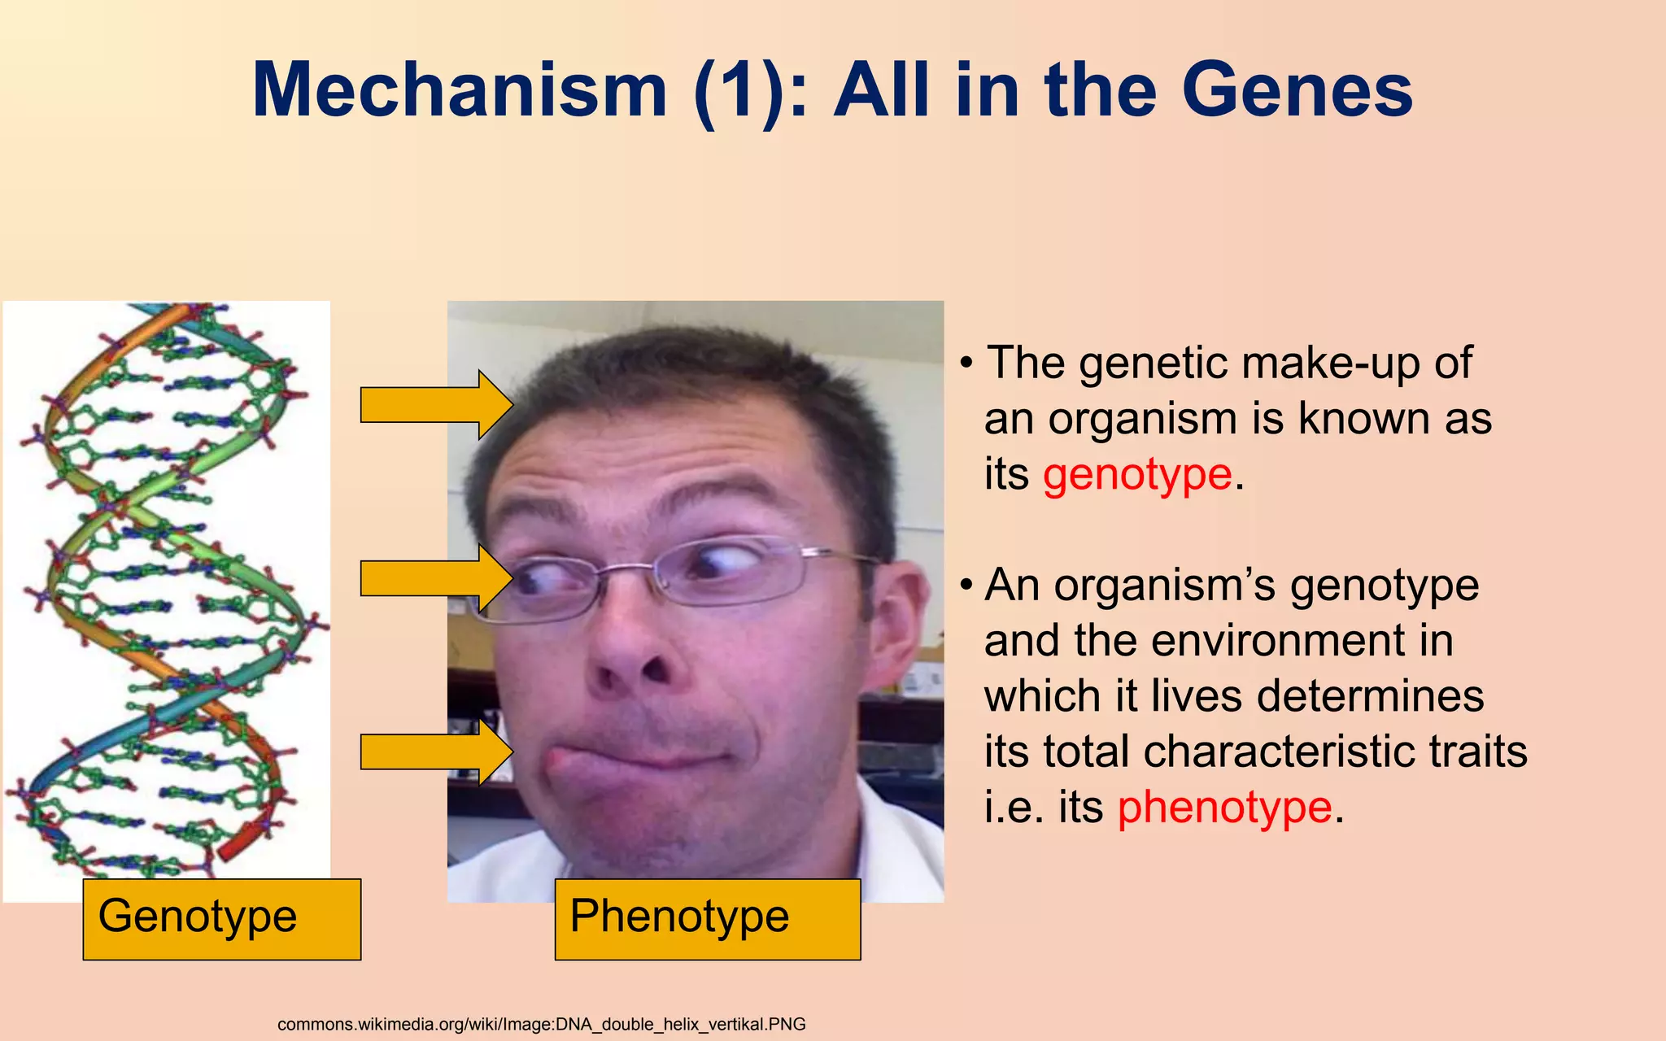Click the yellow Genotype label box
221,919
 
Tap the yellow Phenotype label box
707,919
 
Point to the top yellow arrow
435,405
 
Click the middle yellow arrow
435,578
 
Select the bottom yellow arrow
435,751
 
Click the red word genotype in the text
1136,475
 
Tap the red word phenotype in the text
1224,807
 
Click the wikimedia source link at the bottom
541,1024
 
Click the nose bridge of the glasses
626,569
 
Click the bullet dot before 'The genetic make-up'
966,364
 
